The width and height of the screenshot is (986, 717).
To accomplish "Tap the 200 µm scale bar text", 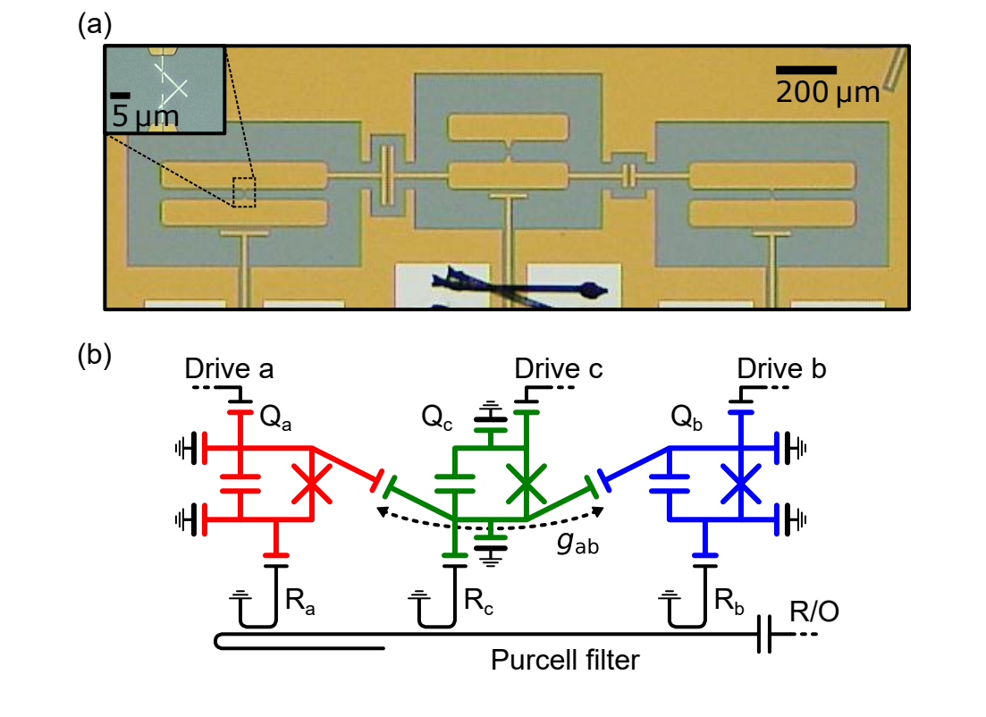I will point(827,91).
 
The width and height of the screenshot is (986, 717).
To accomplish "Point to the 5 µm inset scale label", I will point(145,115).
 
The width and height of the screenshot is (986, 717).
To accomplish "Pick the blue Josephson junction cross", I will point(740,484).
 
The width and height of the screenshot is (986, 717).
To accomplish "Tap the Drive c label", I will point(558,368).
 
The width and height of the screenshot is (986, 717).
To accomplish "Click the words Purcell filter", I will point(565,661).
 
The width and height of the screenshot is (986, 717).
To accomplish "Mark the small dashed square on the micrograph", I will point(244,192).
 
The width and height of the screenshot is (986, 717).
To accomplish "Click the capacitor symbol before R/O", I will point(764,635).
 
